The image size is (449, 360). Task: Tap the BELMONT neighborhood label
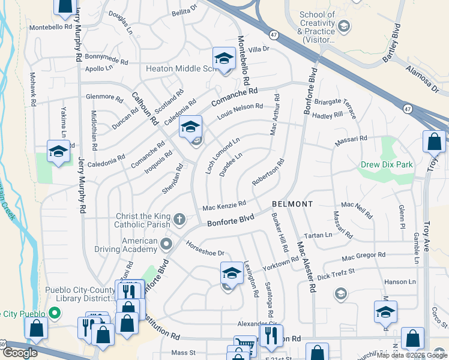point(292,204)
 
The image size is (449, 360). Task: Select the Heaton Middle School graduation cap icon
point(224,59)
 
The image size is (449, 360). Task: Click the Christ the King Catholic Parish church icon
point(179,220)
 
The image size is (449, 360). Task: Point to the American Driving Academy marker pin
point(166,244)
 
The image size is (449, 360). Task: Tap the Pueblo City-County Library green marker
point(55,313)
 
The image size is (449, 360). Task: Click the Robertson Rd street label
point(268,172)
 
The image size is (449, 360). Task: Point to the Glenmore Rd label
point(104,97)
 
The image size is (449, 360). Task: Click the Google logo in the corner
point(20,353)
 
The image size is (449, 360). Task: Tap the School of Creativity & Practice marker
point(344,26)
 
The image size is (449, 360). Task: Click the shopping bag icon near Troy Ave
point(434,142)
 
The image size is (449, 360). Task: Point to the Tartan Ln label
point(318,235)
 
